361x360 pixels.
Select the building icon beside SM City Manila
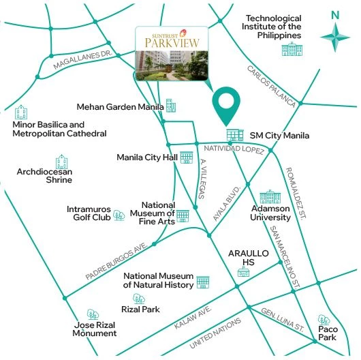pyautogui.click(x=234, y=135)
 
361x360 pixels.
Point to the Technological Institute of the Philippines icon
pyautogui.click(x=293, y=48)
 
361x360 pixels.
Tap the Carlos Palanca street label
pyautogui.click(x=271, y=87)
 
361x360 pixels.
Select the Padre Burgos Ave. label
pyautogui.click(x=117, y=262)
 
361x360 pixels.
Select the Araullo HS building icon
pyautogui.click(x=243, y=272)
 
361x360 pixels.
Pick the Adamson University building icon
pyautogui.click(x=270, y=197)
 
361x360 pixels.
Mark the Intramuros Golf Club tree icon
pyautogui.click(x=119, y=215)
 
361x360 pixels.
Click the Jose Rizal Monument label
pyautogui.click(x=95, y=329)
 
